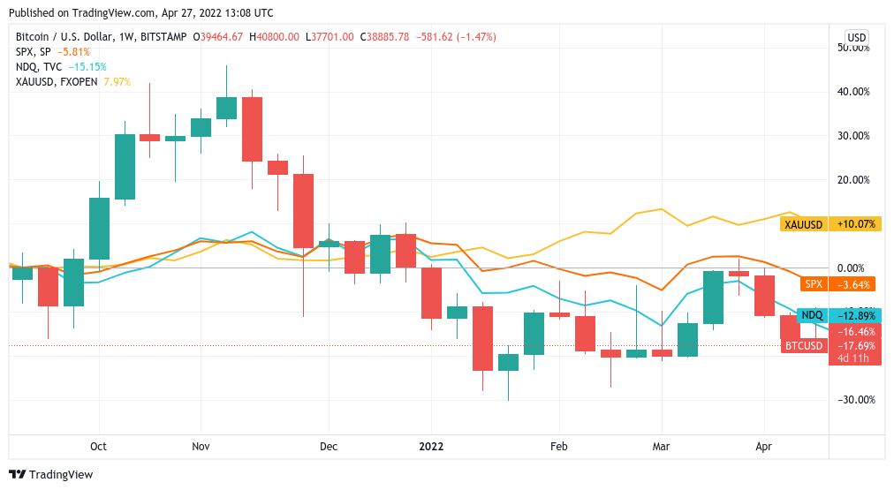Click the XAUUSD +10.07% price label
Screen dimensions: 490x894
coord(831,224)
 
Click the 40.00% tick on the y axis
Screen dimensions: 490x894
coord(853,92)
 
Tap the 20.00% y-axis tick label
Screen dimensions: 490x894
coord(853,180)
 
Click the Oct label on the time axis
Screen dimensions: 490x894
coord(98,447)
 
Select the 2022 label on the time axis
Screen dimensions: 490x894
coord(430,447)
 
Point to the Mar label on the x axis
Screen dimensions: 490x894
coord(662,447)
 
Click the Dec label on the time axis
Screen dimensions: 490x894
coord(329,447)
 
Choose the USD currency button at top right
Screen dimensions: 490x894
coord(856,37)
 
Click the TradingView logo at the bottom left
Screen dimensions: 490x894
coord(50,474)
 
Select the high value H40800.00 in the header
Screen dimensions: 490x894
coord(276,37)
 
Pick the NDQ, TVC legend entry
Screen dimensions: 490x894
coord(39,66)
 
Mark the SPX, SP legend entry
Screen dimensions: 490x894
coord(34,52)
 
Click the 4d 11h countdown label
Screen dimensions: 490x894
coord(854,358)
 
